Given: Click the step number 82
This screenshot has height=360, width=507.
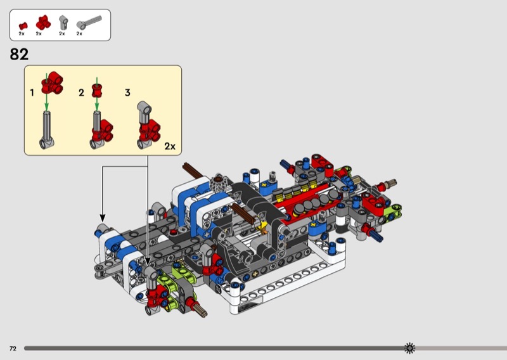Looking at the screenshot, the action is click(19, 55).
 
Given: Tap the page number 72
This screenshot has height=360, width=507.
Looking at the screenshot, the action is click(13, 349).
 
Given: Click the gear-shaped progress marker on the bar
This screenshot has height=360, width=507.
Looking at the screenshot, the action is click(409, 348).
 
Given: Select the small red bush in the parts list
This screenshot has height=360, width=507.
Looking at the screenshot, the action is click(23, 26).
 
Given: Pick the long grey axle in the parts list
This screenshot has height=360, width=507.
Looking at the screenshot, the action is click(89, 22).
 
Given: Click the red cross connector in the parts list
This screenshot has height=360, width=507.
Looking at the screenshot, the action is click(43, 23).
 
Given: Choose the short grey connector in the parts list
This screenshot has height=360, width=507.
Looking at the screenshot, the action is click(63, 23).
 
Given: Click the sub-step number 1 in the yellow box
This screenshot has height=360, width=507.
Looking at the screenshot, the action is click(32, 93).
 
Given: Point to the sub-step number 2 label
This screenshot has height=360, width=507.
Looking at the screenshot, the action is click(81, 93).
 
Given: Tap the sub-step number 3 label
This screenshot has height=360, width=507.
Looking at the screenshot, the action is click(128, 93).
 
